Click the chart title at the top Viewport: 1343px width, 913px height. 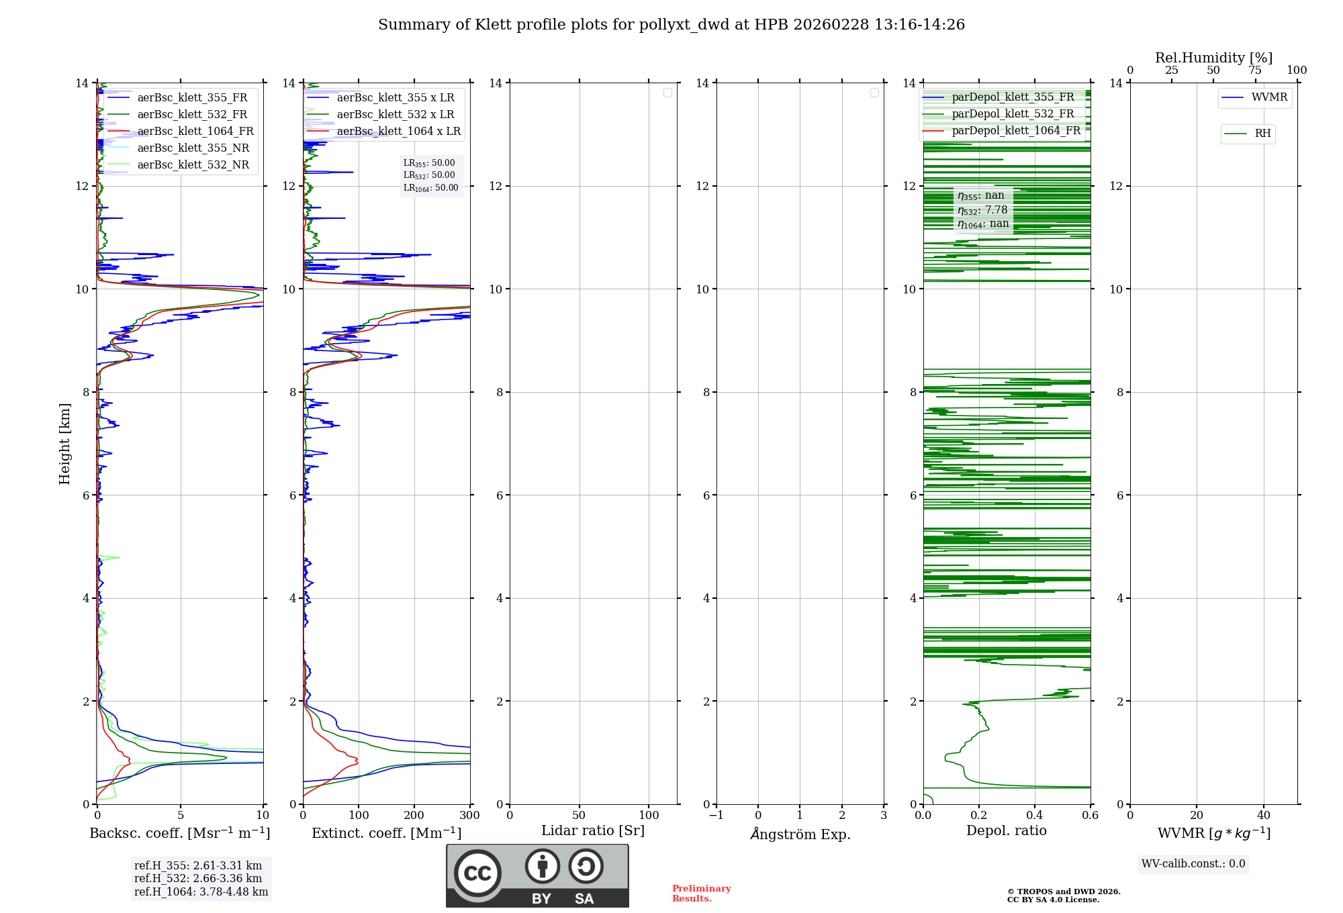[671, 25]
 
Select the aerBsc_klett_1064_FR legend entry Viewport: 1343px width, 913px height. [195, 131]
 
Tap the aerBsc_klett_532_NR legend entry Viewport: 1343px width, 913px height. [193, 164]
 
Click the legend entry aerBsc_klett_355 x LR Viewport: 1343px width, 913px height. [395, 97]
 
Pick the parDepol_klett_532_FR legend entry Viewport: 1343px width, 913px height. [1012, 113]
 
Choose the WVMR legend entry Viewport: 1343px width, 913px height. [1268, 97]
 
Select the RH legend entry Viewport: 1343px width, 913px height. [1262, 134]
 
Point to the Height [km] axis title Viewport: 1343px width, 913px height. [64, 443]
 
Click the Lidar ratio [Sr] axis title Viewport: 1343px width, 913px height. [593, 830]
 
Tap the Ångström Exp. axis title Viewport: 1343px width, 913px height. [800, 834]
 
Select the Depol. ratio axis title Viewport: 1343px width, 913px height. [1006, 830]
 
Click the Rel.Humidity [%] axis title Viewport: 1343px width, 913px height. [1213, 58]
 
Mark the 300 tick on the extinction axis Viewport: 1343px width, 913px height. [469, 815]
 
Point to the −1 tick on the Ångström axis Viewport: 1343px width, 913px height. [716, 815]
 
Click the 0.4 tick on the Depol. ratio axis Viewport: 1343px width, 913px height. [1035, 815]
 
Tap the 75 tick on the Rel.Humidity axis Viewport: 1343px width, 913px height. [1255, 70]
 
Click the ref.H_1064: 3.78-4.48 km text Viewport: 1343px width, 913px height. [201, 892]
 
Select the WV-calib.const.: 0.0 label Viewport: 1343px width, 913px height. [1193, 864]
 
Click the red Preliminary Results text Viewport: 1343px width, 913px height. [701, 893]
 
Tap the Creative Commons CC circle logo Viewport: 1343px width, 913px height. [477, 873]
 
